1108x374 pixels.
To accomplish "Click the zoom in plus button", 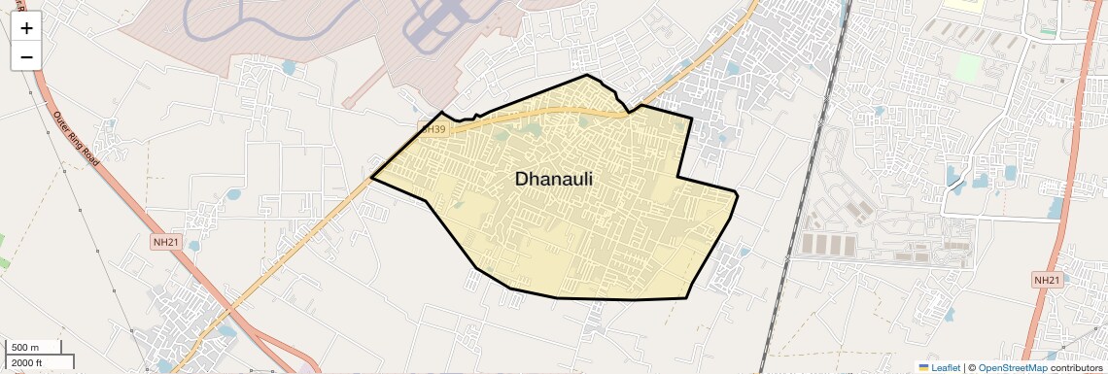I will pyautogui.click(x=26, y=27).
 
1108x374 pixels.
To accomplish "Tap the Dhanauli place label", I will pyautogui.click(x=553, y=179).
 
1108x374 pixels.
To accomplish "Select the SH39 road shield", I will pyautogui.click(x=433, y=128).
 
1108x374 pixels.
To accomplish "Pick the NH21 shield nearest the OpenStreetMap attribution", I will pyautogui.click(x=1046, y=280).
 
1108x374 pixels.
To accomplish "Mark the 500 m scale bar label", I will pyautogui.click(x=26, y=348).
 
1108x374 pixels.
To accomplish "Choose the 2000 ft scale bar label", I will pyautogui.click(x=27, y=362).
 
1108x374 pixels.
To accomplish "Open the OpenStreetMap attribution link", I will pyautogui.click(x=1013, y=367).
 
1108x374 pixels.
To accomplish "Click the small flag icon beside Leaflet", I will pyautogui.click(x=924, y=367).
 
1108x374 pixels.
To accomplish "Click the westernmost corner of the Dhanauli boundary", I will pyautogui.click(x=372, y=178).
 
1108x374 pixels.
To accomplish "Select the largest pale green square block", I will pyautogui.click(x=967, y=68).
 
